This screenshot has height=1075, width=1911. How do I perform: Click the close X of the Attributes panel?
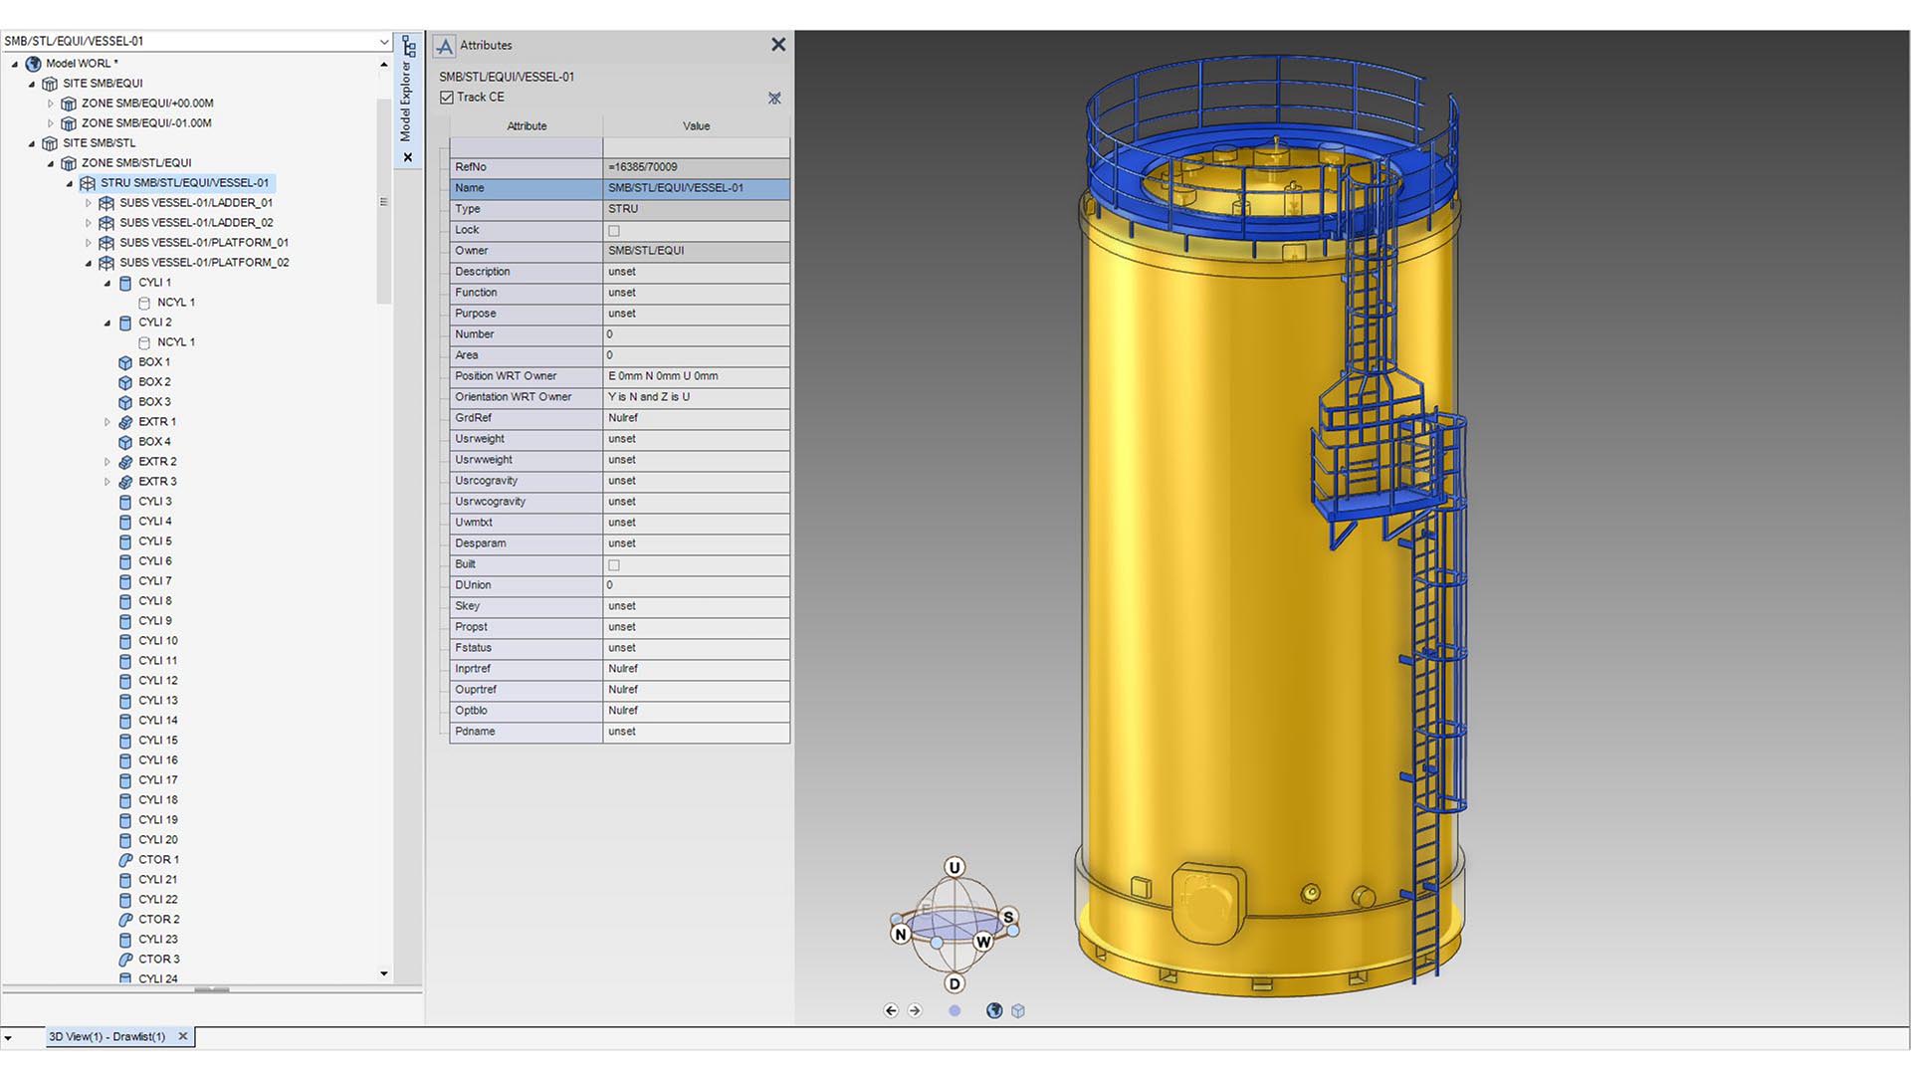click(778, 45)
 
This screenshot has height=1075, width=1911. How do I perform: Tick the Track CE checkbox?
click(447, 98)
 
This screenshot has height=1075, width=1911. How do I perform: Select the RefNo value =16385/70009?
click(643, 167)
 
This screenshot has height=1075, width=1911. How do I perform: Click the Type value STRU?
click(623, 209)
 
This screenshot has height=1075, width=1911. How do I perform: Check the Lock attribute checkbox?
click(614, 231)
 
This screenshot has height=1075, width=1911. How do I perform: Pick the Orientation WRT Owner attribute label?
click(513, 397)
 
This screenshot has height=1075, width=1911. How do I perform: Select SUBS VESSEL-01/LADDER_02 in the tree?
click(196, 223)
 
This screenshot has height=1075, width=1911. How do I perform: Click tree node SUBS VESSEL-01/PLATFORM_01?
click(204, 243)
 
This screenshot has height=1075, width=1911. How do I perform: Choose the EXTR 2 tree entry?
click(157, 462)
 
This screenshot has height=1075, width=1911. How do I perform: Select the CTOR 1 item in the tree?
click(158, 860)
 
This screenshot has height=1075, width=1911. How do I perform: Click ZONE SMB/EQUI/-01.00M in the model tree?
click(146, 123)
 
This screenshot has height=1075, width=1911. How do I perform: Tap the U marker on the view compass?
click(955, 867)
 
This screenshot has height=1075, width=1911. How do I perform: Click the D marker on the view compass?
click(955, 983)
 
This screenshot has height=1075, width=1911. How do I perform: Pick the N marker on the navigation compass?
click(901, 934)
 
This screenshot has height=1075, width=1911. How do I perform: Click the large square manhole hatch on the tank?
click(1208, 902)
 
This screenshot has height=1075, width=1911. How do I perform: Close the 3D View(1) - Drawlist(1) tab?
click(183, 1036)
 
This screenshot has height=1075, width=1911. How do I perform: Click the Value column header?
click(696, 126)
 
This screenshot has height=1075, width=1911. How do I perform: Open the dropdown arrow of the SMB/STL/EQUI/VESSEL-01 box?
click(384, 42)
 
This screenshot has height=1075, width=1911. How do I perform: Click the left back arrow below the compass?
click(891, 1010)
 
